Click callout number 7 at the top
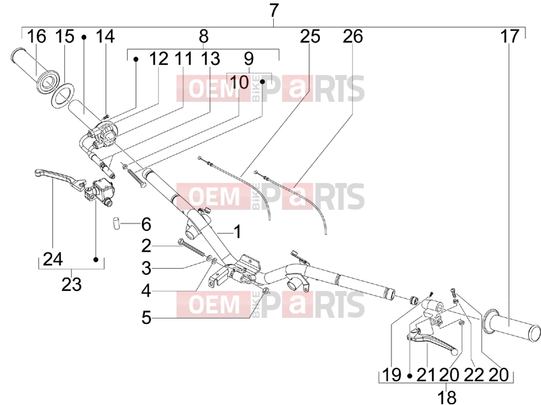(273, 11)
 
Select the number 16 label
(37, 36)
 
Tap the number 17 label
(510, 36)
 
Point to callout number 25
(310, 36)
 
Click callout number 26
(352, 36)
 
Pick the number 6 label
(146, 225)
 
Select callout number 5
(146, 317)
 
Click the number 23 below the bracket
(72, 284)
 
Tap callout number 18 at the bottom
(447, 397)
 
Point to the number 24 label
(53, 259)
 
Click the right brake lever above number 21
(433, 342)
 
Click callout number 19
(392, 375)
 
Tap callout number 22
(474, 375)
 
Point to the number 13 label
(210, 59)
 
